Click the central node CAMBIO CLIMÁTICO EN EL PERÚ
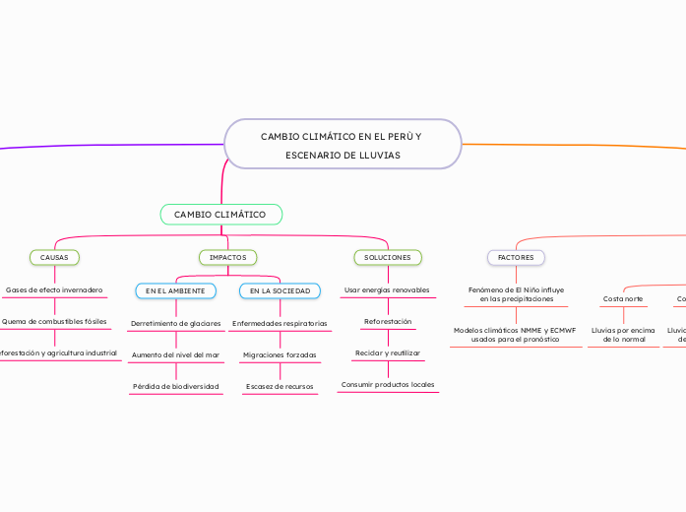coord(343,145)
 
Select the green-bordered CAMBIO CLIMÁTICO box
coord(220,215)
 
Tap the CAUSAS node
coord(54,257)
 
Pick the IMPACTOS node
coord(227,257)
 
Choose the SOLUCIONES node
coord(387,257)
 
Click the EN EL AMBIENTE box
coord(175,290)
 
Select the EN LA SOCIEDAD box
coord(280,290)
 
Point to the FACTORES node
coord(516,257)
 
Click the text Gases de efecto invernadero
coord(54,290)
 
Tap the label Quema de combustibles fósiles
coord(54,321)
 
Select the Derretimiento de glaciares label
coord(175,323)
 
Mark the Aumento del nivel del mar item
coord(175,354)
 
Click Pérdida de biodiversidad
coord(175,386)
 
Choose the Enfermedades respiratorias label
coord(280,323)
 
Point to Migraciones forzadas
coord(280,354)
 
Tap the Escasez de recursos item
coord(280,386)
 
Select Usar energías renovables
coord(387,290)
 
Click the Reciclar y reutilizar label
coord(387,352)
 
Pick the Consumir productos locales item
coord(387,384)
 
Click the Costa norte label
coord(623,298)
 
